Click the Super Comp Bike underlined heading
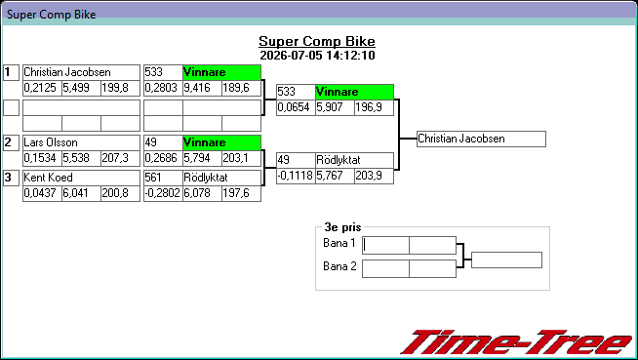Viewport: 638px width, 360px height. click(317, 41)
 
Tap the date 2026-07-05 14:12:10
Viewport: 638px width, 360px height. click(317, 56)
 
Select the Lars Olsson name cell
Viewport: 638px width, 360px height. click(81, 142)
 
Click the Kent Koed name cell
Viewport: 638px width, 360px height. click(81, 178)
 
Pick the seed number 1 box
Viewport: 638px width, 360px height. click(11, 73)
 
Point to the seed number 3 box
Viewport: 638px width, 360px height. click(11, 178)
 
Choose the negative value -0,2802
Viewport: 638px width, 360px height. click(163, 193)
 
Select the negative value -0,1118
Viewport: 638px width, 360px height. click(296, 177)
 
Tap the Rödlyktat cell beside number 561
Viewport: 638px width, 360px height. click(221, 178)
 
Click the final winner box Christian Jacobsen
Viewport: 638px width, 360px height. click(481, 140)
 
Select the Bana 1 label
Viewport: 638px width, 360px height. click(339, 243)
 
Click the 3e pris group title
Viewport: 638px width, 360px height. click(342, 227)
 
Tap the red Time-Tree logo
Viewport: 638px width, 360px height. click(517, 342)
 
